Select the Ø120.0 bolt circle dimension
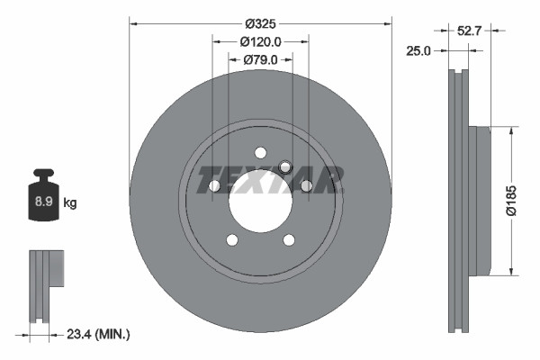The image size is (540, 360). click(261, 41)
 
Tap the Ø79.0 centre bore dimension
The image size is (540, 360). click(261, 59)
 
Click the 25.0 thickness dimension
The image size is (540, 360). click(418, 52)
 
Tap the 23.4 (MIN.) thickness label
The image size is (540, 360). click(99, 334)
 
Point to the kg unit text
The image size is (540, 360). click(70, 202)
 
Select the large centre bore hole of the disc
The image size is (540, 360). click(260, 199)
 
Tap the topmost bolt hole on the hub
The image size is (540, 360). click(260, 152)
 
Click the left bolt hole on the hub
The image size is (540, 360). click(215, 185)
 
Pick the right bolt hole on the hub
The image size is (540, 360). click(306, 185)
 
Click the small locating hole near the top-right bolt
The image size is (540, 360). click(285, 166)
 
